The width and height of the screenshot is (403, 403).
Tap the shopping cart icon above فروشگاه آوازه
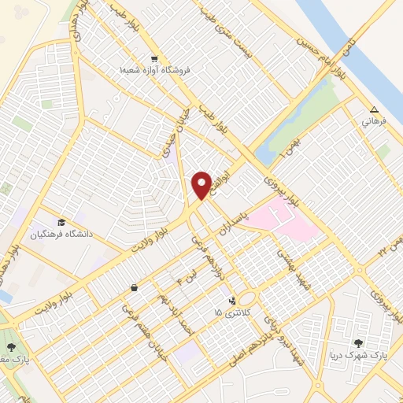[x=154, y=58]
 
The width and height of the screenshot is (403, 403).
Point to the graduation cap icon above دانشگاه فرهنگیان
[x=61, y=222]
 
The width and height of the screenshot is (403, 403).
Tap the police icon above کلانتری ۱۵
[x=231, y=300]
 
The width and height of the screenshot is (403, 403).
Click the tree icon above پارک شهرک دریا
[x=359, y=343]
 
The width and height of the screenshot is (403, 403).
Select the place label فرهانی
[x=372, y=123]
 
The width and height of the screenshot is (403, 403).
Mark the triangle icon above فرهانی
[x=375, y=110]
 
